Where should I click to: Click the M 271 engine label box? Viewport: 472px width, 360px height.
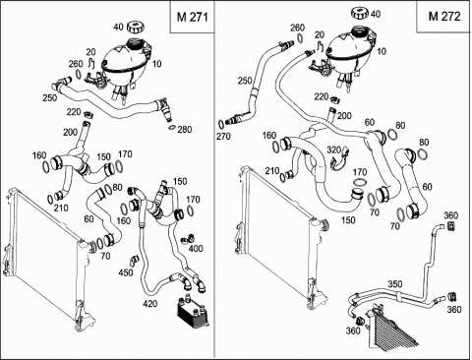[x=192, y=17]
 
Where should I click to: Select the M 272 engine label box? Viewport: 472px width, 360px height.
[x=443, y=17]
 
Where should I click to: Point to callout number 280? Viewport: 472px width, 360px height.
[x=185, y=130]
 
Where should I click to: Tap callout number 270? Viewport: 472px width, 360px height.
[x=223, y=136]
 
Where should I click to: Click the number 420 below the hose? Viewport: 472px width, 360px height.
[x=150, y=304]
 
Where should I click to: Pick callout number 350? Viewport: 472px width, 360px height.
[x=395, y=284]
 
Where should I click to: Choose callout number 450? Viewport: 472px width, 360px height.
[x=126, y=272]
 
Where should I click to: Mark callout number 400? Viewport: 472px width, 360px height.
[x=196, y=249]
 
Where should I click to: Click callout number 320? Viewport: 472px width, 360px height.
[x=334, y=150]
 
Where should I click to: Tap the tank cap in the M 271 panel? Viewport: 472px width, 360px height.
[x=134, y=27]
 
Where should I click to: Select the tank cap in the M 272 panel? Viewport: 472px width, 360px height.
[x=360, y=13]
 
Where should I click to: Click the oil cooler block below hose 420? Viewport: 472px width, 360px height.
[x=192, y=312]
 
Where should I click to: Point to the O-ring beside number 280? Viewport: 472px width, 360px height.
[x=170, y=127]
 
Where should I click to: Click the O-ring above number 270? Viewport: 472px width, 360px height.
[x=221, y=124]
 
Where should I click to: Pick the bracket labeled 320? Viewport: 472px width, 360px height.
[x=339, y=160]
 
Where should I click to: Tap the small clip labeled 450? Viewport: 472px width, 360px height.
[x=134, y=260]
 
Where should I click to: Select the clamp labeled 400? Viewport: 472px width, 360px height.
[x=187, y=239]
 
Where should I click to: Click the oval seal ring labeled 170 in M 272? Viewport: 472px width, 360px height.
[x=360, y=182]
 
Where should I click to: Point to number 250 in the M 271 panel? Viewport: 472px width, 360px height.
[x=50, y=97]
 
